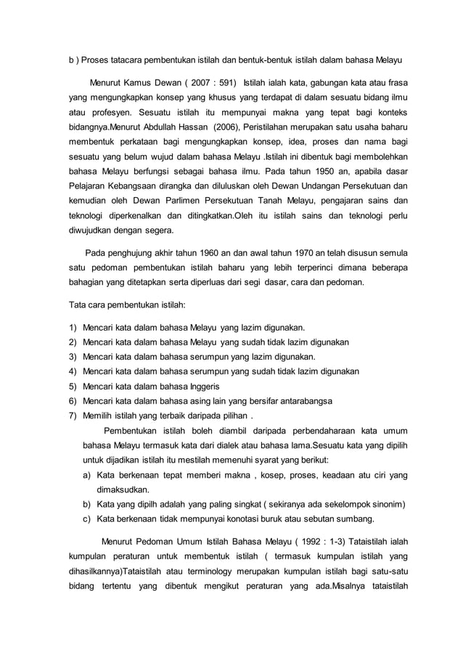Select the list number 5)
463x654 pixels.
tap(73, 386)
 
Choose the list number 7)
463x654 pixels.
tap(73, 416)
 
